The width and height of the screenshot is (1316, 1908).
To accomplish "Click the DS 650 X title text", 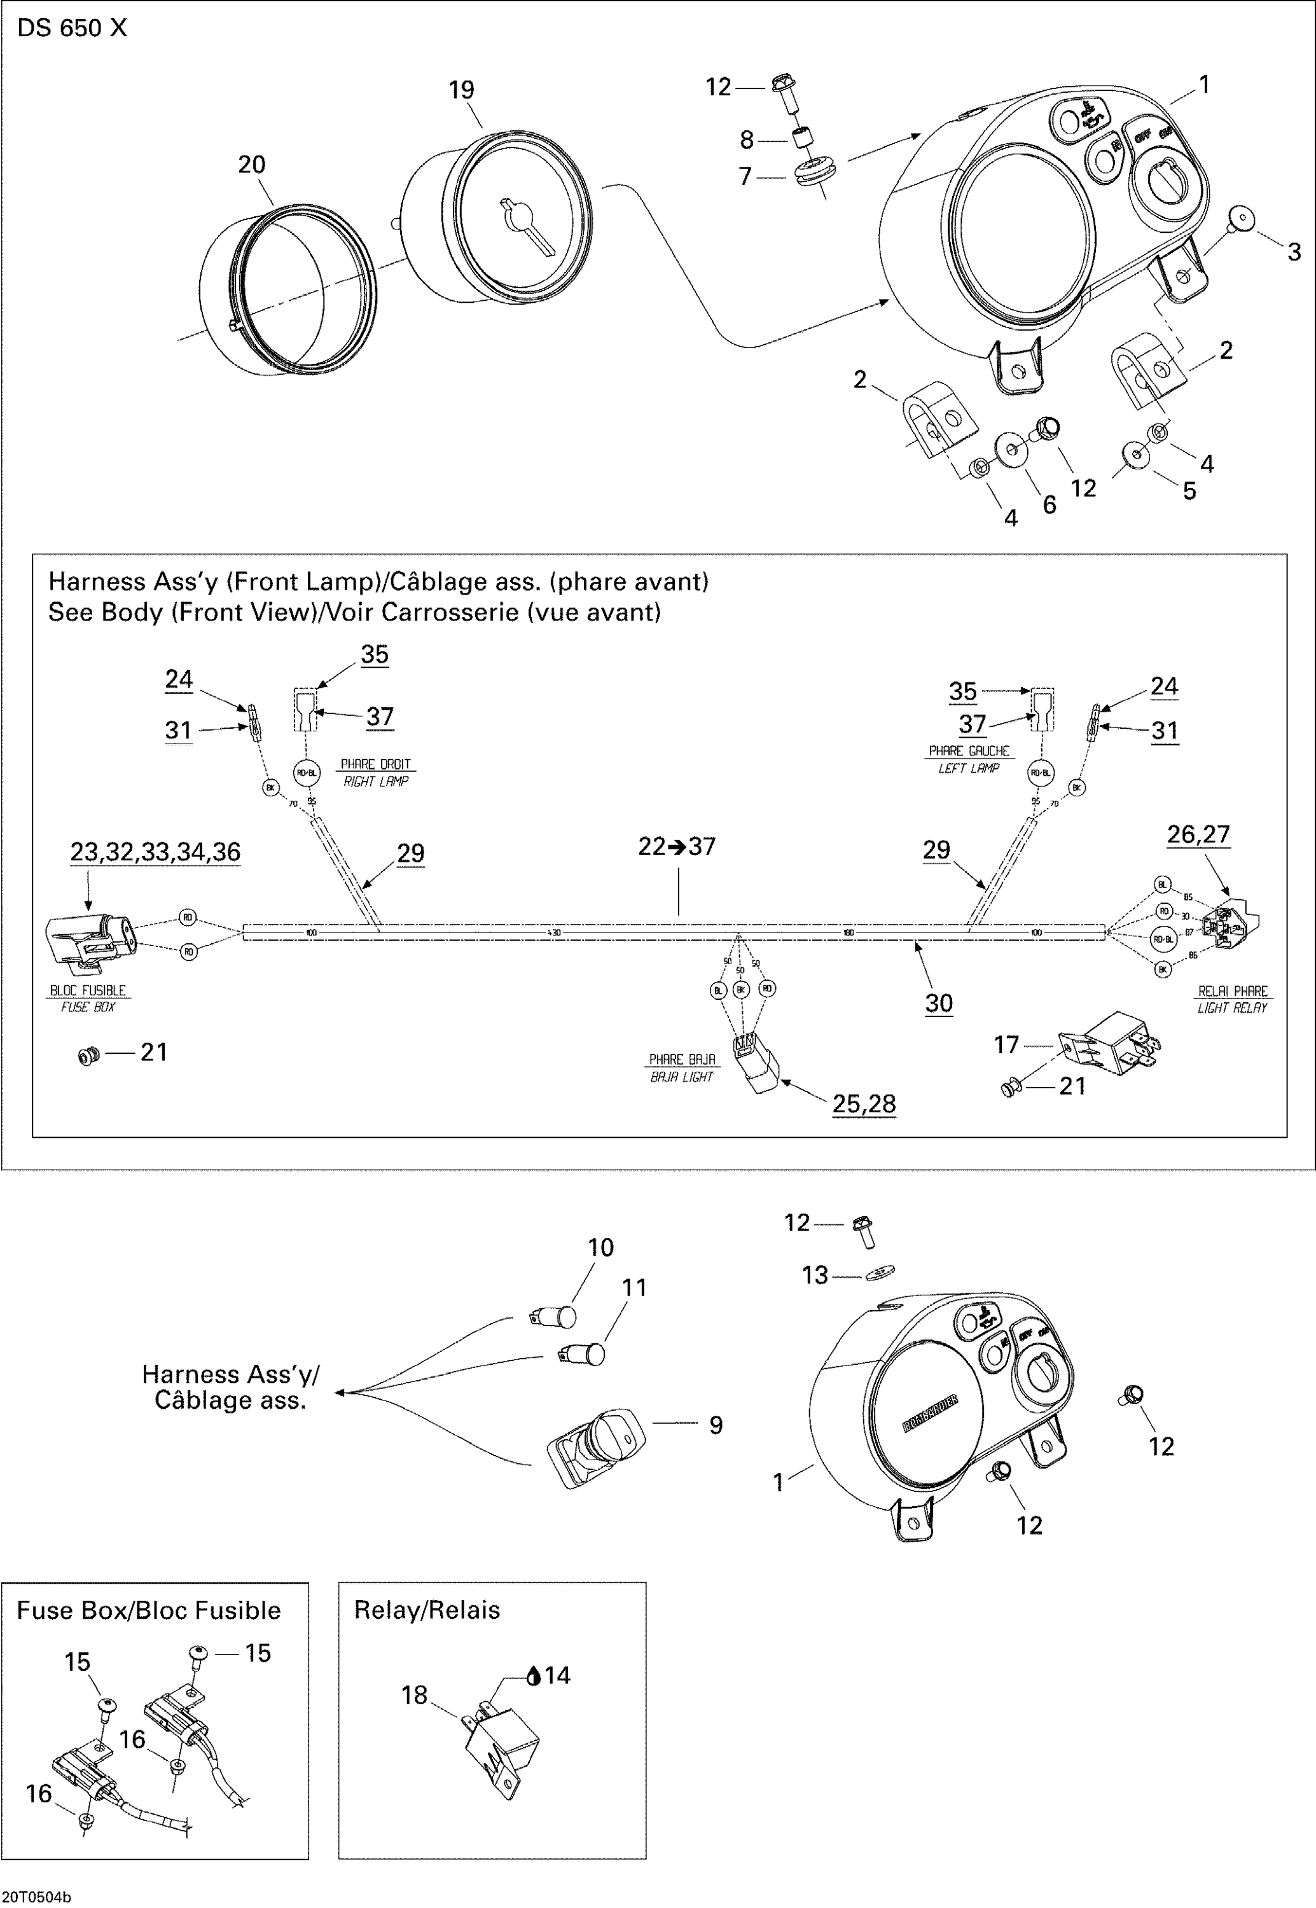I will [x=72, y=28].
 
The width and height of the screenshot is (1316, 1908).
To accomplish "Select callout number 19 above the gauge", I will [x=461, y=90].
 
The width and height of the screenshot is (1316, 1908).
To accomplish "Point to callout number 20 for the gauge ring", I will [x=251, y=165].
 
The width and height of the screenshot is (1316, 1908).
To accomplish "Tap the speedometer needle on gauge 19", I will [x=528, y=223].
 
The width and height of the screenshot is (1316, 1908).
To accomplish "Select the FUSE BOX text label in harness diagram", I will [x=87, y=1007].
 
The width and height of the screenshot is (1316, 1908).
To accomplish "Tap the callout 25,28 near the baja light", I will [x=863, y=1103].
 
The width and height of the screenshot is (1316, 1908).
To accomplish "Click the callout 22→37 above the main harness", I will [x=677, y=846].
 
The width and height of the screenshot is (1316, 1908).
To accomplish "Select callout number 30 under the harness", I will [x=938, y=1004].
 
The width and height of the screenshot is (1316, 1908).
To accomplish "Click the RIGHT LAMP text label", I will [x=376, y=782].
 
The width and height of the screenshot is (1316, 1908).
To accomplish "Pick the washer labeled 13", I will [x=880, y=1274].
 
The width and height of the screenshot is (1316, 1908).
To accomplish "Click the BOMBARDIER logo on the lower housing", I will [x=929, y=1413].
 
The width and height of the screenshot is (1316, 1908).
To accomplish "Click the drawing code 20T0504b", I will [x=37, y=1897].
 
